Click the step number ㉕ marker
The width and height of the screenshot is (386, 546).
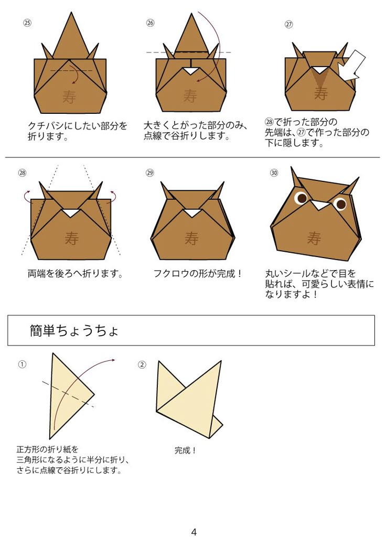click(27, 23)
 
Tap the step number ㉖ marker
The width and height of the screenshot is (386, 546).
click(151, 23)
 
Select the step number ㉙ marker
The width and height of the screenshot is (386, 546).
click(150, 173)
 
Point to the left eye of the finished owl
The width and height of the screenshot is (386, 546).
click(302, 198)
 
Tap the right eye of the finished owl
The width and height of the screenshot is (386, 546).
click(340, 204)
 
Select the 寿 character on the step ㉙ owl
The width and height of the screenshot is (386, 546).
click(191, 239)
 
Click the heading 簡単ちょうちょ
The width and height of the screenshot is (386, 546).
click(74, 331)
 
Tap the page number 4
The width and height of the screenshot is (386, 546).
click(194, 532)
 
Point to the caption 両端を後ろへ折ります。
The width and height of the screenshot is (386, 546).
click(76, 273)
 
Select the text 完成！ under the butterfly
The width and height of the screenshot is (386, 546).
click(186, 450)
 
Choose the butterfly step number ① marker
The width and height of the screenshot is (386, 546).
click(22, 364)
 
